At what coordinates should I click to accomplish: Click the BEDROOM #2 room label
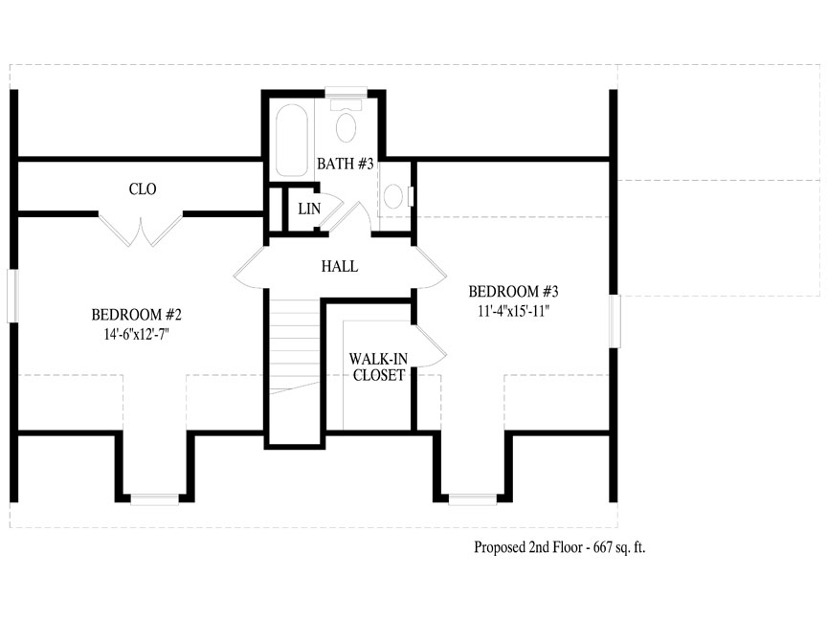click(136, 315)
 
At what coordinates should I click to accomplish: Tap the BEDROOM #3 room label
click(513, 291)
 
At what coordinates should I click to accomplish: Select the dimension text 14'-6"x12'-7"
click(136, 334)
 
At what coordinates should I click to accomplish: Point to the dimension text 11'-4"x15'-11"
click(513, 311)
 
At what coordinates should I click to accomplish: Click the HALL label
click(340, 266)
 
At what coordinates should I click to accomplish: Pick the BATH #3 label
click(346, 164)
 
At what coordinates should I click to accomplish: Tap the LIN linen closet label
click(309, 209)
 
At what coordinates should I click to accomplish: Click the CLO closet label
click(143, 188)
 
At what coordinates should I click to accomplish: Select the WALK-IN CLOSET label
click(378, 367)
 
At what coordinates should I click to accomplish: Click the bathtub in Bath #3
click(292, 141)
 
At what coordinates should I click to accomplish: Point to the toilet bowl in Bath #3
click(346, 126)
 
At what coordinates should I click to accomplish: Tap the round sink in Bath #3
click(393, 195)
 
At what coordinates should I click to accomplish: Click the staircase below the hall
click(295, 346)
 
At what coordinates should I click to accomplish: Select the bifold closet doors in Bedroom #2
click(141, 231)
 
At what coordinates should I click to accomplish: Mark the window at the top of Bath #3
click(346, 92)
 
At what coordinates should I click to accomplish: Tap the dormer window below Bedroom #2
click(154, 499)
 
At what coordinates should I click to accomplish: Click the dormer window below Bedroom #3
click(473, 499)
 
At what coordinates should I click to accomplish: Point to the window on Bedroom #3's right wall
click(615, 321)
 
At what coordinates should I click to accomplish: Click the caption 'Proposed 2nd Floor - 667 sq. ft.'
click(560, 547)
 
